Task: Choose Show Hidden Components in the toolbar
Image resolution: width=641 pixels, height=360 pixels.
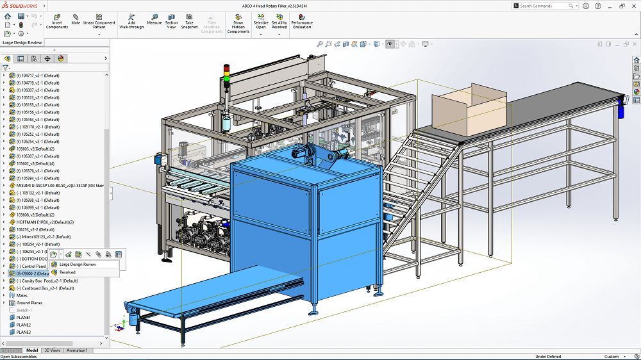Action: [238, 24]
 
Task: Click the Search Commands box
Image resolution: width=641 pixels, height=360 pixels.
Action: [545, 6]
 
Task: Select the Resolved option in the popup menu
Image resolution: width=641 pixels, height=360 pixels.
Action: [68, 272]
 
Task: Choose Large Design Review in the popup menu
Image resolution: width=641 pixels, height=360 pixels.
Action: [78, 264]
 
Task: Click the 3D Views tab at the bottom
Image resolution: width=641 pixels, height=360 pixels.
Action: [53, 350]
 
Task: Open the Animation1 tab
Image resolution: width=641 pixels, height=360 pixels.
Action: [77, 350]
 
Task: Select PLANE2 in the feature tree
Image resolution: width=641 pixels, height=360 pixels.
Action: [24, 325]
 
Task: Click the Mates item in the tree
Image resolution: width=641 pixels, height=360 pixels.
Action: [22, 295]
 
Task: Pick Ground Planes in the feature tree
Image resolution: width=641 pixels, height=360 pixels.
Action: [29, 303]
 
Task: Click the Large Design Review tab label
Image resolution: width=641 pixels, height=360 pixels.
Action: [22, 43]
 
